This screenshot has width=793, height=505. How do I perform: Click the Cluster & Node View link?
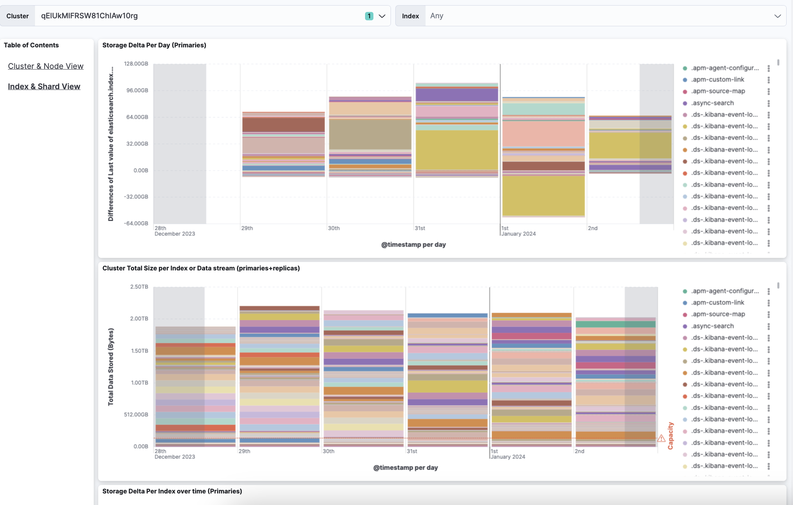[x=46, y=66]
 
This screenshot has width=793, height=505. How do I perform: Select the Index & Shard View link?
[x=44, y=86]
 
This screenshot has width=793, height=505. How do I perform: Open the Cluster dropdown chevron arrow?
[x=382, y=16]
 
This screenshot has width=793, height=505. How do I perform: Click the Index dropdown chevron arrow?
[x=777, y=16]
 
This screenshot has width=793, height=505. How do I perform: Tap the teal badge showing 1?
[x=369, y=16]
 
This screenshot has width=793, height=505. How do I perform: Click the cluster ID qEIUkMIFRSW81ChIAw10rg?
[x=90, y=16]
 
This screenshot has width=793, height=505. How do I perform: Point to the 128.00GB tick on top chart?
[x=136, y=64]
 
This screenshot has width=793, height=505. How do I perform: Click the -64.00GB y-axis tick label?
[x=136, y=223]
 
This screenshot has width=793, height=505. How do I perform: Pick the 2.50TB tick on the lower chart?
[x=139, y=287]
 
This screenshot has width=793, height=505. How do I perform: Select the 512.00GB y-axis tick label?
[x=136, y=415]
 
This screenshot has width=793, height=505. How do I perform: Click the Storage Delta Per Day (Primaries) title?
[x=154, y=45]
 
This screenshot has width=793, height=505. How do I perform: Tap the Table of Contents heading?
[x=31, y=45]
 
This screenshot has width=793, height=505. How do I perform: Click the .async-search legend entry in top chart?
[x=712, y=103]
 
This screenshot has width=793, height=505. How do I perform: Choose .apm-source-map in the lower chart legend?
[x=718, y=314]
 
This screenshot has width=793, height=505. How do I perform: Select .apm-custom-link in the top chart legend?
[x=717, y=80]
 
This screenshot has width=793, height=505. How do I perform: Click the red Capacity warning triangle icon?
[x=661, y=438]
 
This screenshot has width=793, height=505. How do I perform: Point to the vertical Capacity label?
[x=670, y=436]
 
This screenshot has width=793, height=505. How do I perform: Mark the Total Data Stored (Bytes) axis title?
[x=111, y=367]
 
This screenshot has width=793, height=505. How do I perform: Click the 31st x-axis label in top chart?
[x=420, y=228]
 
